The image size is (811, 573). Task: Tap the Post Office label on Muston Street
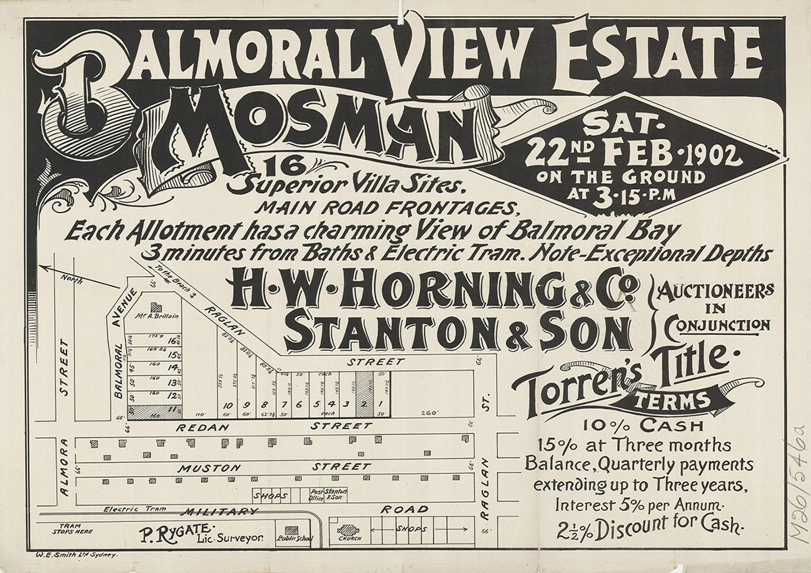[316, 494]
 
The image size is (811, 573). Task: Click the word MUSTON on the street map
[210, 467]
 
